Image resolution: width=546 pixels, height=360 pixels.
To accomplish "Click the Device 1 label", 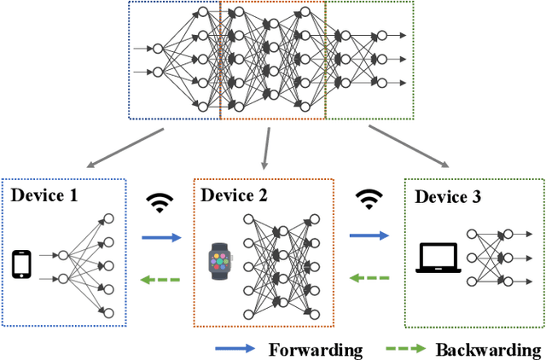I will click(44, 195).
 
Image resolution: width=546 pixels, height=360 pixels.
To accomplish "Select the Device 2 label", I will click(234, 195).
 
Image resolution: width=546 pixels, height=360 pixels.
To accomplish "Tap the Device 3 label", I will click(448, 197).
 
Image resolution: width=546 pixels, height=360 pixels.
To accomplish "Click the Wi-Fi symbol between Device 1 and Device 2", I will click(159, 202).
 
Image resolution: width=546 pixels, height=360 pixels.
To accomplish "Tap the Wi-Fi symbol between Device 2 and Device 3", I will click(369, 200).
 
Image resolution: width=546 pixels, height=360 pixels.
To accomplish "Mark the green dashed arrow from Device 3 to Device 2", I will click(368, 277).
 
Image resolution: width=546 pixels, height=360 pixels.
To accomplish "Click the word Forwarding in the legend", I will click(316, 350).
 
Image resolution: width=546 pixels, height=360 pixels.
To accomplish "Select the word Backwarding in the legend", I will click(488, 350).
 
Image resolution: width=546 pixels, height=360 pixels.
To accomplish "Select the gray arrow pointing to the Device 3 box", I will click(411, 146).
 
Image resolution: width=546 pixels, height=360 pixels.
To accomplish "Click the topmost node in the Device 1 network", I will click(107, 218).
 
